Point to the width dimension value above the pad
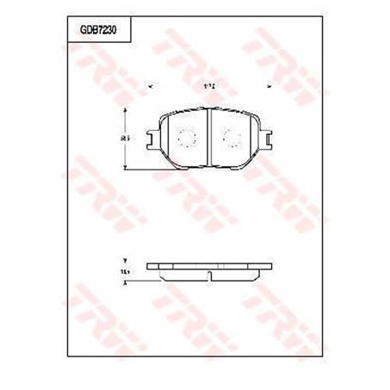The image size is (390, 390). point(209,84)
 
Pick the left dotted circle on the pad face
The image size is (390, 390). point(185,136)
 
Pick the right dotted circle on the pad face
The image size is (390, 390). point(232,136)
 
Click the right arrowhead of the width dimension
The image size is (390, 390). point(269,84)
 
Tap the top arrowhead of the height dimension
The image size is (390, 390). point(127,110)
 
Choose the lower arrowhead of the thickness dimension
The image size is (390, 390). point(126,282)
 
